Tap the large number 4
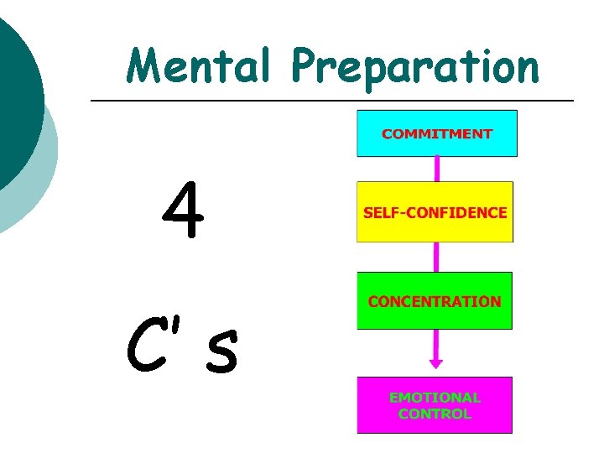tap(184, 211)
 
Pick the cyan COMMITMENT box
tap(437, 133)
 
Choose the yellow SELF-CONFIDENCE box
tap(435, 212)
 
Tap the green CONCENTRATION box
tap(435, 300)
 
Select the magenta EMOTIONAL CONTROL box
tap(435, 405)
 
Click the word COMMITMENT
tap(437, 133)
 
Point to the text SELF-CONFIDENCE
tap(435, 212)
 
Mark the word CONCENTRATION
tap(435, 300)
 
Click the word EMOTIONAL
tap(435, 398)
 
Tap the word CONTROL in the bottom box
tap(435, 414)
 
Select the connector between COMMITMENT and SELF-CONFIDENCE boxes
tap(436, 169)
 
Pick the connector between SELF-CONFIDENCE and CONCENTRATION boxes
tap(436, 257)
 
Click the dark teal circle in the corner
tap(13, 92)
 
